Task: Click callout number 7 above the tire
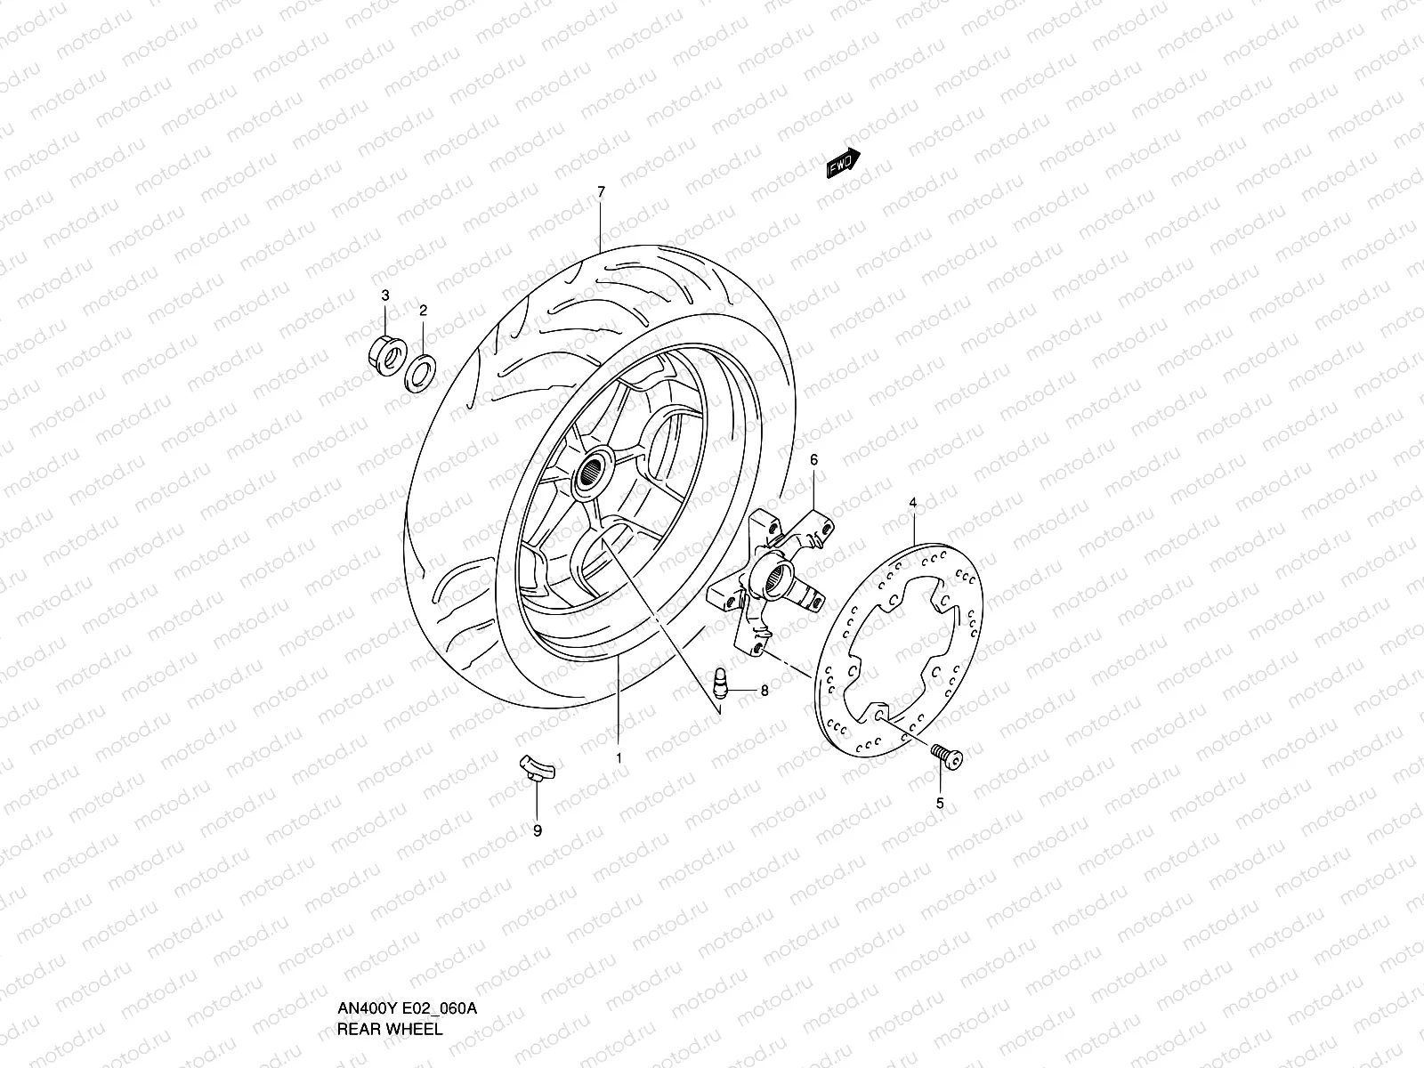(x=601, y=192)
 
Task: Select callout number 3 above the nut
(x=385, y=295)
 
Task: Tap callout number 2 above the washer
(x=424, y=310)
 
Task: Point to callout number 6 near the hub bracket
(x=813, y=459)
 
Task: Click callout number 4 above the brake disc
(x=912, y=504)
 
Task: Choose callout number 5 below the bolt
(x=940, y=803)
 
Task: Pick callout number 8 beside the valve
(x=764, y=690)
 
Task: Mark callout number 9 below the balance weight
(x=537, y=831)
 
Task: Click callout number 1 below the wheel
(x=619, y=757)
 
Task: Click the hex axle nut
(x=384, y=349)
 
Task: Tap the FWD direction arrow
(x=843, y=163)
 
